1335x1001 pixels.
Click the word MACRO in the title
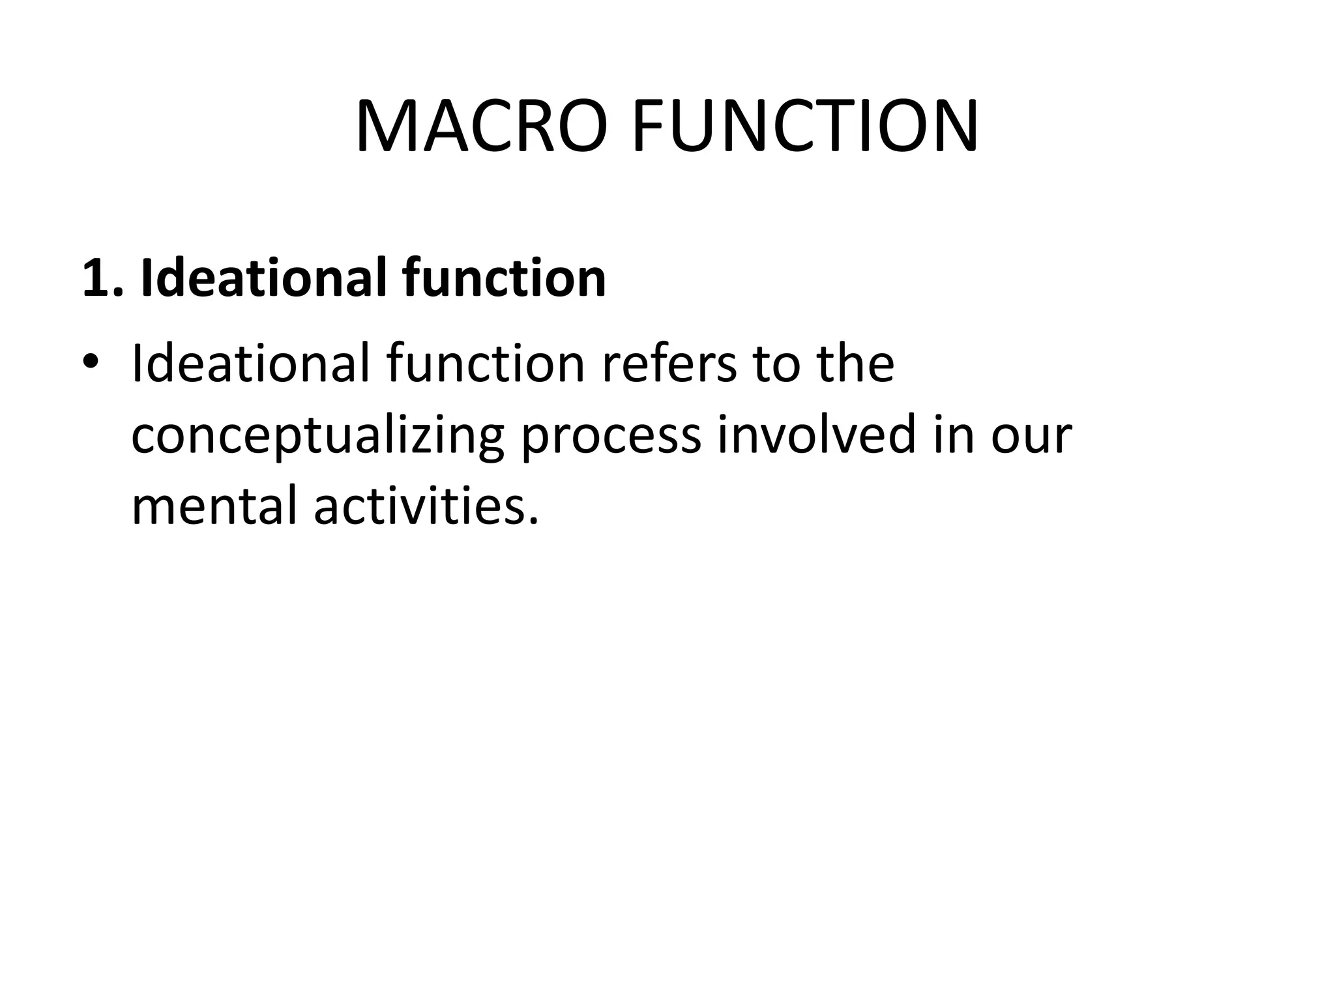[x=482, y=126]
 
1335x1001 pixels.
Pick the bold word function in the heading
[x=504, y=278]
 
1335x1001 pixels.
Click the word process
[x=611, y=436]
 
